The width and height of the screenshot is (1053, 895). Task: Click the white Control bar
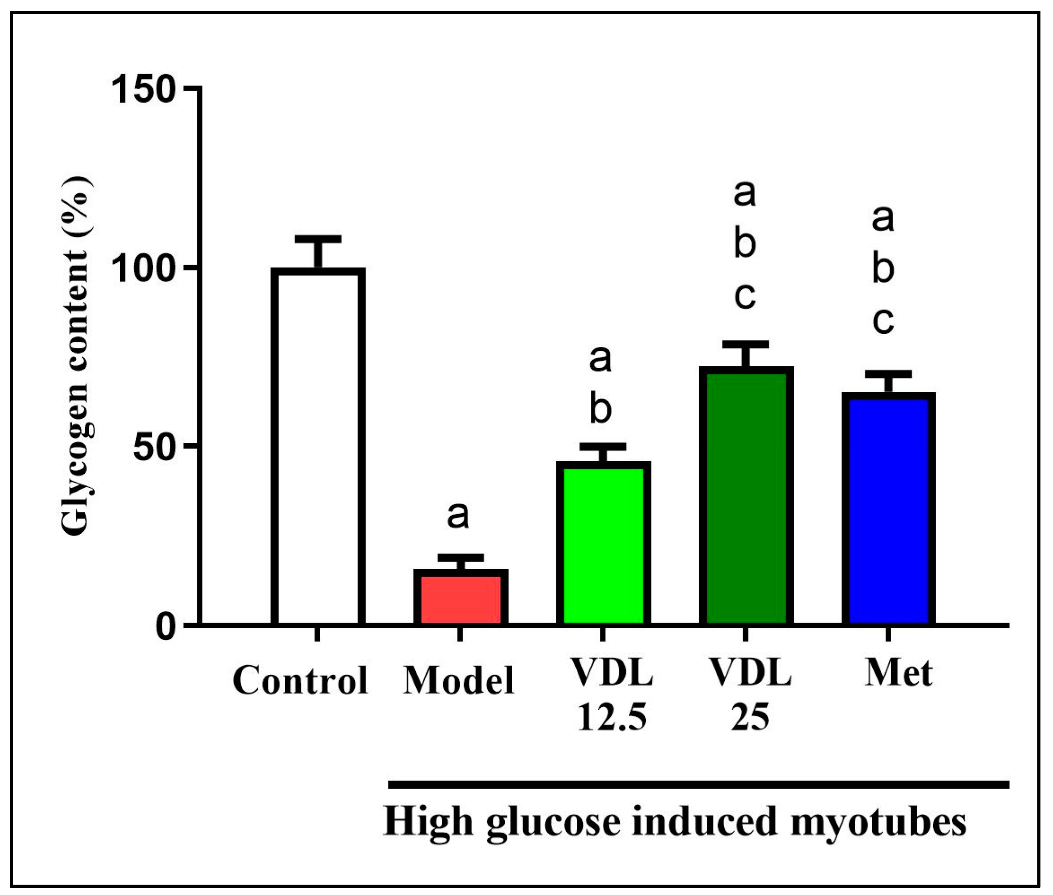pyautogui.click(x=318, y=446)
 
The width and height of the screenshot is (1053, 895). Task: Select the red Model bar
pyautogui.click(x=461, y=598)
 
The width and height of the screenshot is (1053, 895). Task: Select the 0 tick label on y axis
pyautogui.click(x=167, y=627)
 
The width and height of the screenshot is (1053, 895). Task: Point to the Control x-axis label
pyautogui.click(x=300, y=681)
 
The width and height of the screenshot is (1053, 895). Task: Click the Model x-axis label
pyautogui.click(x=459, y=681)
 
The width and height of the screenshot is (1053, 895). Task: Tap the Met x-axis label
pyautogui.click(x=898, y=673)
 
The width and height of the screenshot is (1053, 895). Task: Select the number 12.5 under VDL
pyautogui.click(x=612, y=718)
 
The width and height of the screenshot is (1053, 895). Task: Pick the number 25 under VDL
pyautogui.click(x=750, y=718)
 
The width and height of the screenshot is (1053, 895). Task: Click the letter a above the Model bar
pyautogui.click(x=458, y=515)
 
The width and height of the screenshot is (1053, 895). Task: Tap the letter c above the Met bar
pyautogui.click(x=883, y=321)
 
